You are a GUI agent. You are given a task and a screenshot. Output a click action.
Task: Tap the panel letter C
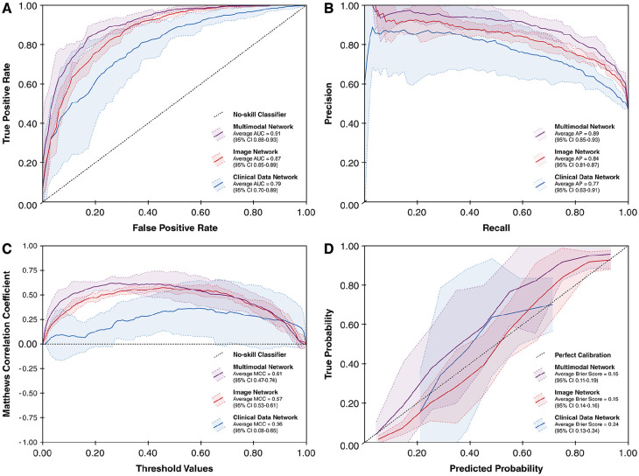(x=6, y=248)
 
